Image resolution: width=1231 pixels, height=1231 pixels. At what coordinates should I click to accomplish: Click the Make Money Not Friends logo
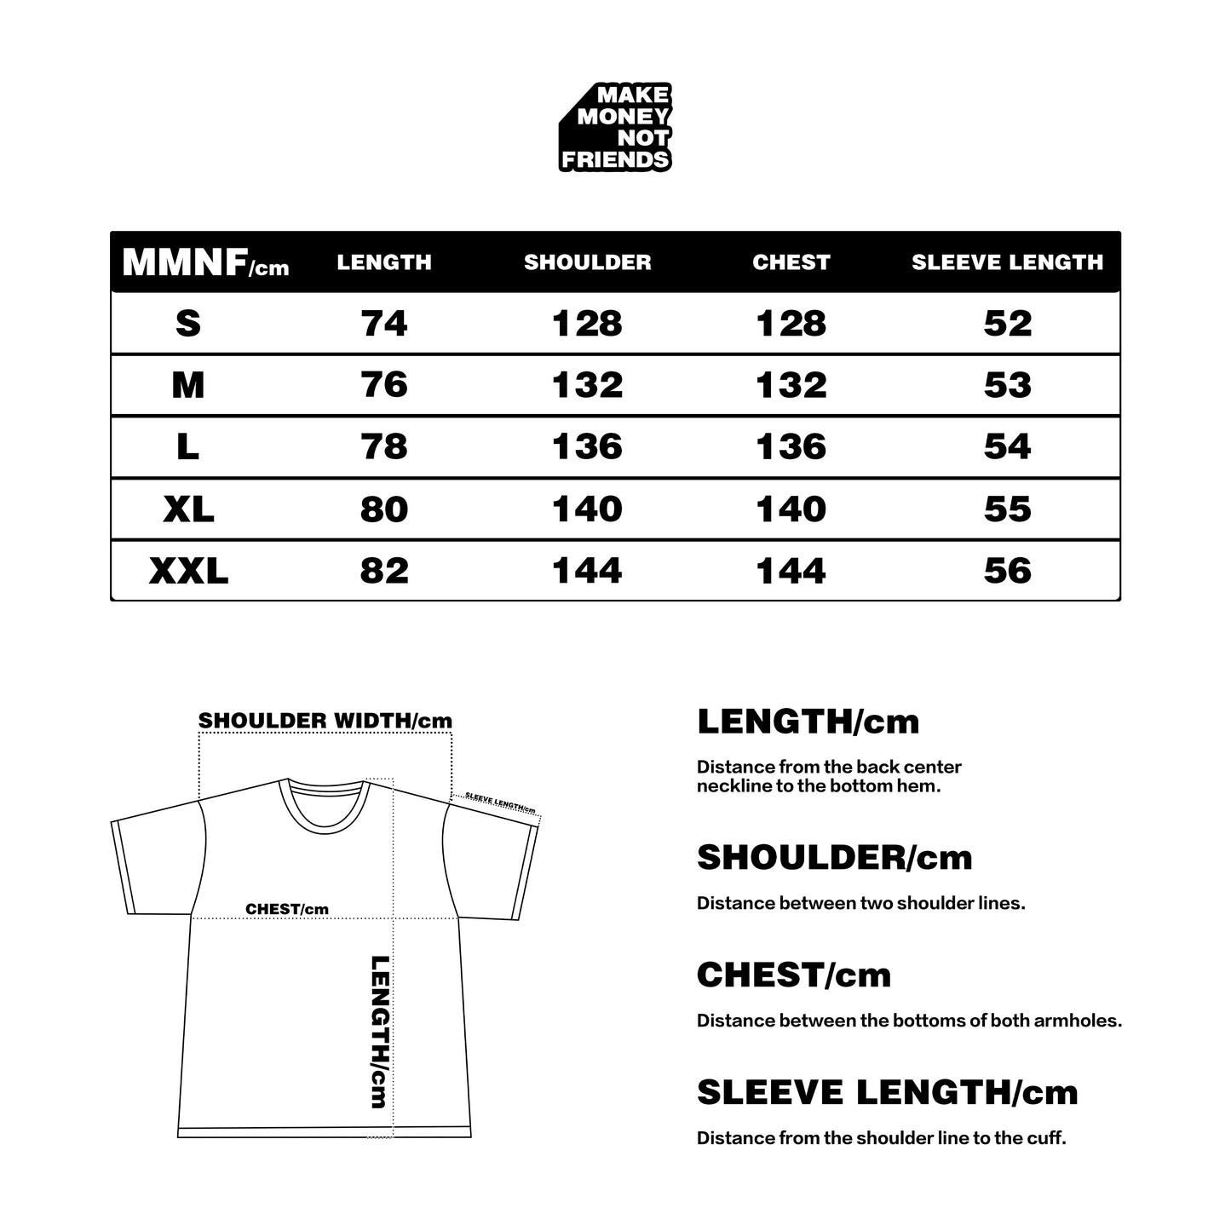[615, 128]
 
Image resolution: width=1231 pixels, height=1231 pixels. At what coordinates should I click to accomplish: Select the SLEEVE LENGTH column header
[1007, 262]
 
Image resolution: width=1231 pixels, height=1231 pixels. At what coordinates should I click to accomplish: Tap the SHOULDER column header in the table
[587, 262]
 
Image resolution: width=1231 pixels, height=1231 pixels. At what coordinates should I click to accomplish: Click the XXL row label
[188, 571]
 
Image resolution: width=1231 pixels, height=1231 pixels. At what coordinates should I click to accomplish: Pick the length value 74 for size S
[384, 324]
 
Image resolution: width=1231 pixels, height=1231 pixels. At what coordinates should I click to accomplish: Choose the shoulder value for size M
[587, 385]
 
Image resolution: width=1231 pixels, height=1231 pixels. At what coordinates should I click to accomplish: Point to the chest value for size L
[791, 447]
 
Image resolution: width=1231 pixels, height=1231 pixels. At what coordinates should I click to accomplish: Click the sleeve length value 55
[1007, 509]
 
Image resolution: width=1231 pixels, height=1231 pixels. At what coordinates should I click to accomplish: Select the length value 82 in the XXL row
[384, 571]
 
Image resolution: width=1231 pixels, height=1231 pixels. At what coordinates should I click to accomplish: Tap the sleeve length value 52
[1007, 324]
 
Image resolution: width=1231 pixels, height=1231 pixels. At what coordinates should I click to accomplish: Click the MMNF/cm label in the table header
[205, 263]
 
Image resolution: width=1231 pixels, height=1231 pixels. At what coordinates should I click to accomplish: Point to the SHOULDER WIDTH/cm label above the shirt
[325, 721]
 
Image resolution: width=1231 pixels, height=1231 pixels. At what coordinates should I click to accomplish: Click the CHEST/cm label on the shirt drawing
[286, 909]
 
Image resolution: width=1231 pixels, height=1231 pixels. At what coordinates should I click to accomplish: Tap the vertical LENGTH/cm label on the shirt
[380, 1032]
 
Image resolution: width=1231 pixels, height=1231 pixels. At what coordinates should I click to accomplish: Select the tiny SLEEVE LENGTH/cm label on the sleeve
[500, 803]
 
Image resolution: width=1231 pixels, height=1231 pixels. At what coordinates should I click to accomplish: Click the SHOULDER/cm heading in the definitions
[834, 858]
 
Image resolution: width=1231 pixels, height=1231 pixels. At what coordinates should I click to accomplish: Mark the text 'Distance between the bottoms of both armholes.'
[909, 1021]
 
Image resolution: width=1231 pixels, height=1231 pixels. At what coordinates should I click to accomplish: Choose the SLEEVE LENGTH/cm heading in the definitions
[887, 1093]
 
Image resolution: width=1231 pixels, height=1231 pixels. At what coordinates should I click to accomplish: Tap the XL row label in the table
[188, 509]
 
